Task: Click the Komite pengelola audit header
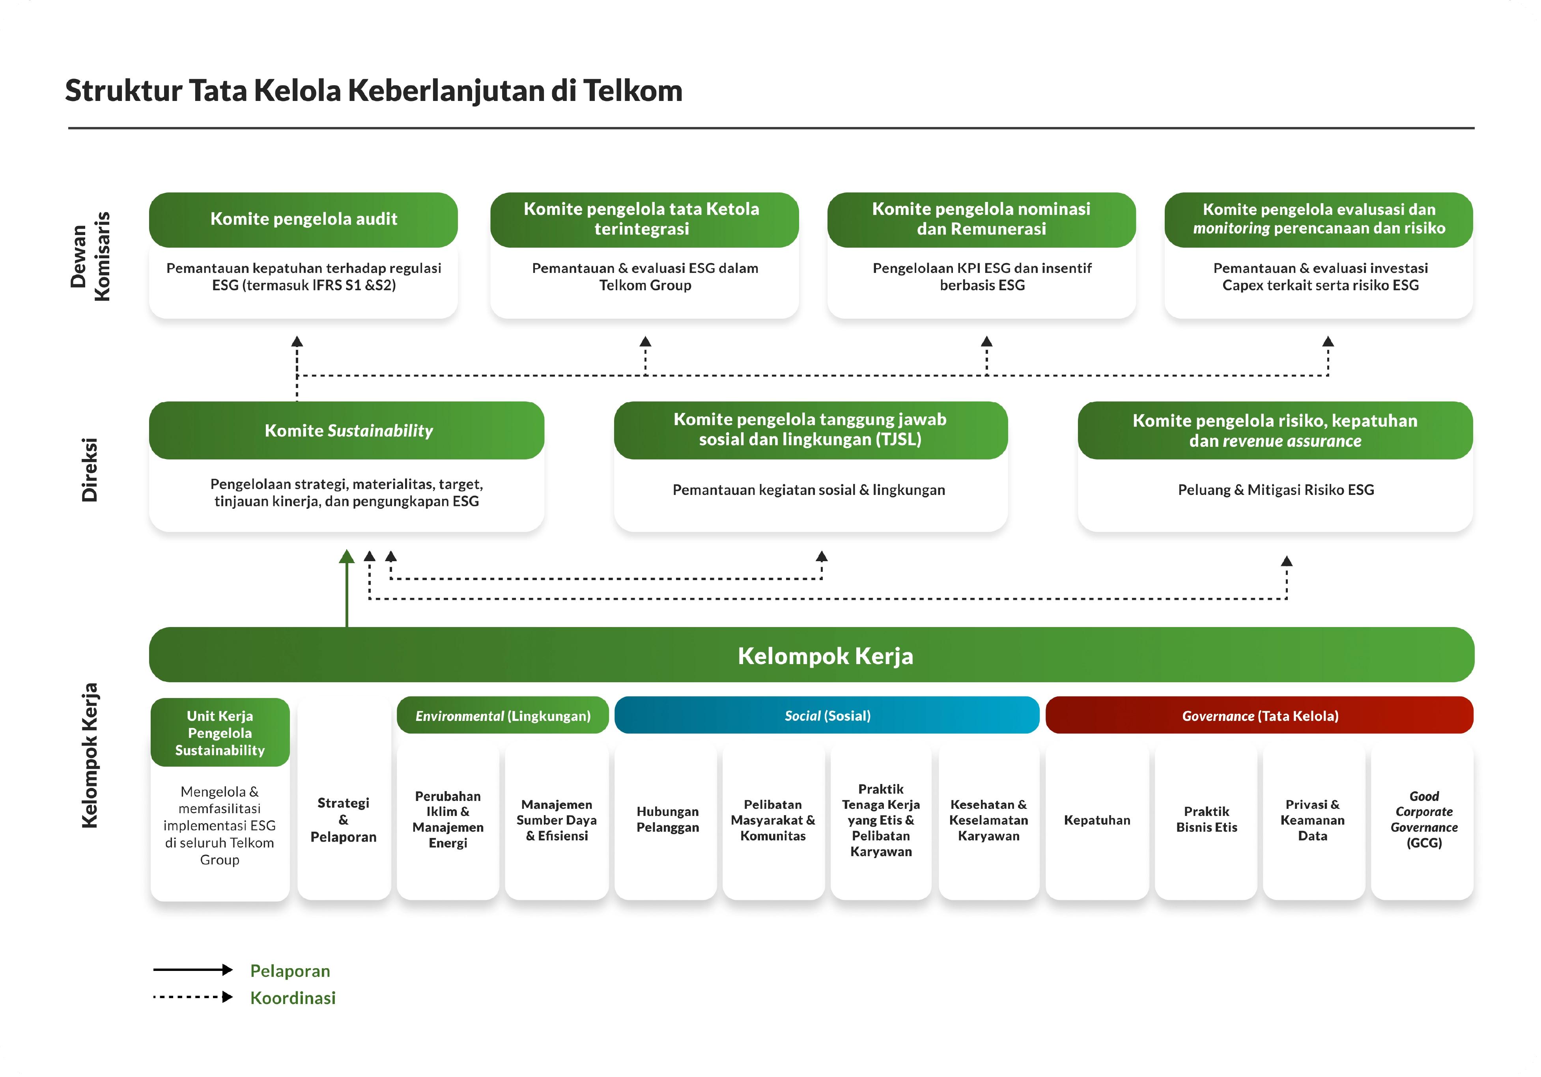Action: pyautogui.click(x=303, y=219)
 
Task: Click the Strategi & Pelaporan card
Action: pyautogui.click(x=344, y=819)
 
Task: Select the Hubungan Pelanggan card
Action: pyautogui.click(x=667, y=819)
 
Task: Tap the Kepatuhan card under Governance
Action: pyautogui.click(x=1097, y=820)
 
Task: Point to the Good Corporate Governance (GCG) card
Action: pyautogui.click(x=1423, y=819)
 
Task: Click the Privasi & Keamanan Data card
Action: pyautogui.click(x=1312, y=819)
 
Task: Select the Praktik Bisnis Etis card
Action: pyautogui.click(x=1206, y=819)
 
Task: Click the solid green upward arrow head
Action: pyautogui.click(x=346, y=556)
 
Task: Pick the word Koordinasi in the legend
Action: pyautogui.click(x=293, y=998)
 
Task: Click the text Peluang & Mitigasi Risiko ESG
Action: pyautogui.click(x=1275, y=490)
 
